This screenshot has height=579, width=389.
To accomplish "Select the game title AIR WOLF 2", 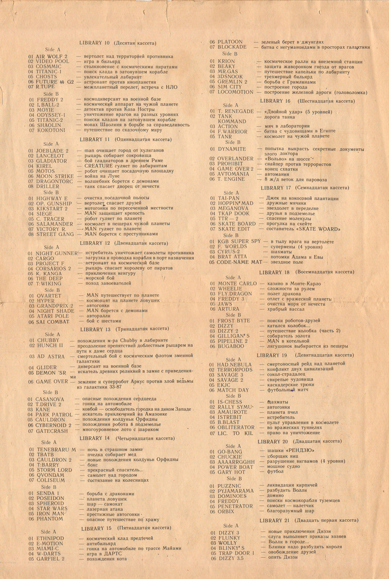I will (51, 57).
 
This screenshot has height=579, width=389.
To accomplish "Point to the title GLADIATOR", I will (52, 161).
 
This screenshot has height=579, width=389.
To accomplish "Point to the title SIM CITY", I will (229, 87).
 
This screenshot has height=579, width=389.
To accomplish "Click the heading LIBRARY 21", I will (278, 521).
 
